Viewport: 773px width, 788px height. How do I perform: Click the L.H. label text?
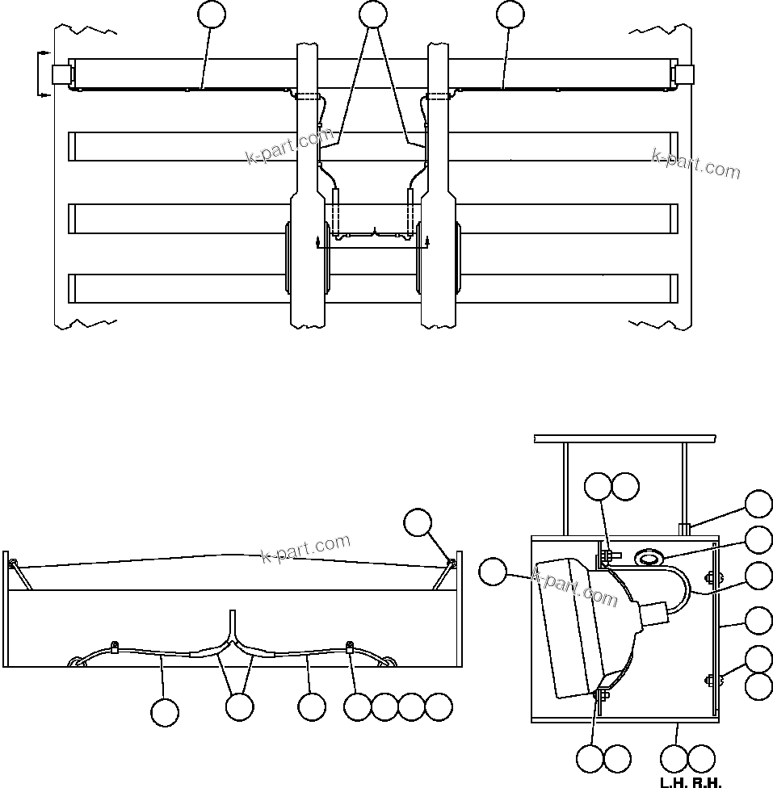pyautogui.click(x=673, y=782)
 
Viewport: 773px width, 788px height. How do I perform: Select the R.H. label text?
pyautogui.click(x=708, y=782)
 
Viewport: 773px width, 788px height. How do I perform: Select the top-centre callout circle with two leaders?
pyautogui.click(x=372, y=14)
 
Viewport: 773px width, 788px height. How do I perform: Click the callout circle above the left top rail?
pyautogui.click(x=212, y=14)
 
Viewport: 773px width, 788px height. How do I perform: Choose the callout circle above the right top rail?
pyautogui.click(x=510, y=14)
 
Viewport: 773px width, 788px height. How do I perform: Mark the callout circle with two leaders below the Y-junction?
pyautogui.click(x=240, y=707)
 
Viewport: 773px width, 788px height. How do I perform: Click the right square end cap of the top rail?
pyautogui.click(x=683, y=74)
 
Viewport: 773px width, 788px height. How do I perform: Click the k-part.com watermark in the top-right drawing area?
pyautogui.click(x=695, y=164)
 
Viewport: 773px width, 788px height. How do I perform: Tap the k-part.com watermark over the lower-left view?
pyautogui.click(x=306, y=549)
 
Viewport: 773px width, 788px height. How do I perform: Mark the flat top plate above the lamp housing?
pyautogui.click(x=625, y=438)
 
